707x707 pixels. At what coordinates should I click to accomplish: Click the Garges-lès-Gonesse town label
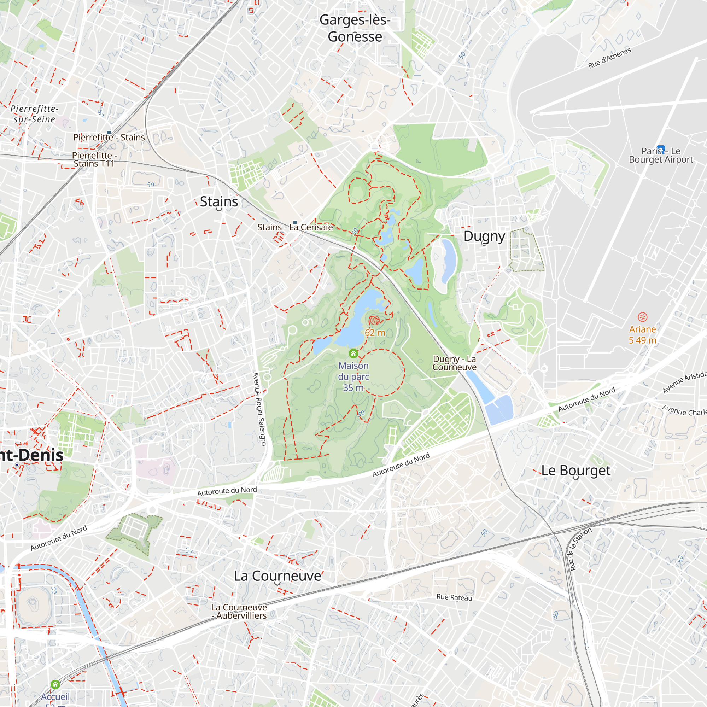[355, 28]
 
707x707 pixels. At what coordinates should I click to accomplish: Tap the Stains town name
[219, 201]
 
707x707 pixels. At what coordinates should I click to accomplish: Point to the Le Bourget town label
[575, 470]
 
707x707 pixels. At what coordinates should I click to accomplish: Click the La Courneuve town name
[277, 575]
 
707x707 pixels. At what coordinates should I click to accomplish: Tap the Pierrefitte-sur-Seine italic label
[34, 114]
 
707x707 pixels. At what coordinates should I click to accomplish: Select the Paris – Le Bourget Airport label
[661, 156]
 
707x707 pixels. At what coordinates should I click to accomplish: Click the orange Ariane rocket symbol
[643, 317]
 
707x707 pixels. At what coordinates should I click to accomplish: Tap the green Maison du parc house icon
[353, 353]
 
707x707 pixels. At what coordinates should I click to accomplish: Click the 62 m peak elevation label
[375, 332]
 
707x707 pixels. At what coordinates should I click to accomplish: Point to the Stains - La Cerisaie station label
[295, 227]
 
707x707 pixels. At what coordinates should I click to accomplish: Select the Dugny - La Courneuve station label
[454, 363]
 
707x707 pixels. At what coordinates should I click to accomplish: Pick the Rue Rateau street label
[454, 597]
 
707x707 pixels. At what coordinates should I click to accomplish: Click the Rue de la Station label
[580, 549]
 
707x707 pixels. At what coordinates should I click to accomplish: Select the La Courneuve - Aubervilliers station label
[239, 612]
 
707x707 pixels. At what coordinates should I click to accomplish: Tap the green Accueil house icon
[55, 684]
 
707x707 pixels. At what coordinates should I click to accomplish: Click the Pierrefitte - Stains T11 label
[94, 159]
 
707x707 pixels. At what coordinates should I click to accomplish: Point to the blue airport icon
[661, 149]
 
